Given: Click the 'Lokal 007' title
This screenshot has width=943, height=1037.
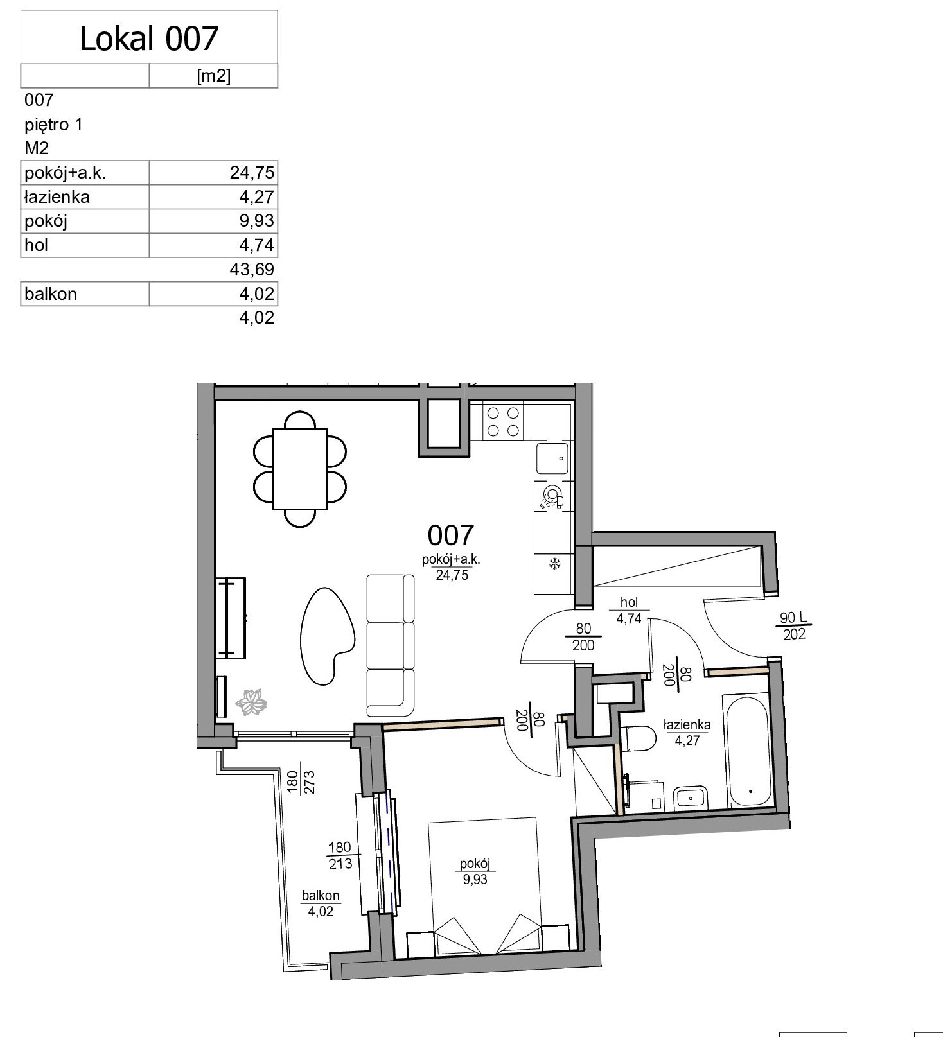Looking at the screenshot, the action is [149, 39].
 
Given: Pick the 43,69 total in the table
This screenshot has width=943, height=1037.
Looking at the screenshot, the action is [252, 269].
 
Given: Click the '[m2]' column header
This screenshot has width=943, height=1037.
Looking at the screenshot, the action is [213, 76].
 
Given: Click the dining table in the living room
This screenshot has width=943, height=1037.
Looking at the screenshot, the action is [300, 469].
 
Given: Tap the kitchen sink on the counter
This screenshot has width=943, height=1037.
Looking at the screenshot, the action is [552, 459].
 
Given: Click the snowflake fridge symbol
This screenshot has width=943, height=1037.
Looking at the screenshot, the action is [554, 564].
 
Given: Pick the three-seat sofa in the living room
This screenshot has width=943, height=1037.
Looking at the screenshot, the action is [391, 645].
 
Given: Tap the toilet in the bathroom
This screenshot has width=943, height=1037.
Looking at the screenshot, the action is [637, 738].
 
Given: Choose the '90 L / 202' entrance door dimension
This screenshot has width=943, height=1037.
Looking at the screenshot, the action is [795, 626].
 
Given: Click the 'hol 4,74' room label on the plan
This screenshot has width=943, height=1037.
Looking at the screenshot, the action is [629, 611].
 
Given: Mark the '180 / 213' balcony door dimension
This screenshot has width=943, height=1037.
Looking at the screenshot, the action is [340, 856].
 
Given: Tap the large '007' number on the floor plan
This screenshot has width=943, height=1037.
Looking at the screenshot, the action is [451, 535].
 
